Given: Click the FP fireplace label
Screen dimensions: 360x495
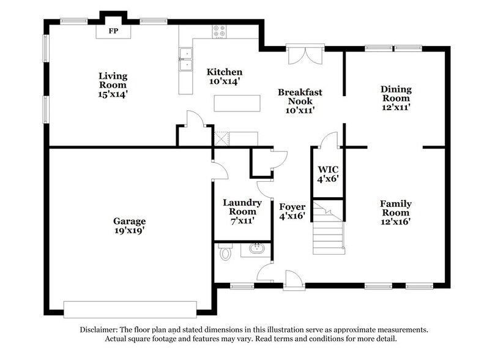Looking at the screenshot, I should point(113,30).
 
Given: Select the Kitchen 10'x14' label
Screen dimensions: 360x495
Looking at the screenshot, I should point(224,77).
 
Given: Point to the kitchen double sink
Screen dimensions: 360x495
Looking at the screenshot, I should point(185,59).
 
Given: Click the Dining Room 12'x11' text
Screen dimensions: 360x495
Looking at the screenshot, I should point(396,97).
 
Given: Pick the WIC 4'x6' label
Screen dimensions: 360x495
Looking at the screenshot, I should point(328,174).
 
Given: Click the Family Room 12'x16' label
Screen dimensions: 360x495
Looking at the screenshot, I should point(395,212).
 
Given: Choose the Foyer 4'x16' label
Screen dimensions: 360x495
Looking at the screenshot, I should point(292,212).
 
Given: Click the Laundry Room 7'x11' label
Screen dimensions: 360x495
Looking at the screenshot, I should point(242,212).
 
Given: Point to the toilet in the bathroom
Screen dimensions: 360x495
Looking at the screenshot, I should point(225,252).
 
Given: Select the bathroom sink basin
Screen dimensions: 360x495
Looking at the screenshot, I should point(256,249).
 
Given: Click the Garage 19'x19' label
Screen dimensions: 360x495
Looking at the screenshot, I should point(129,225).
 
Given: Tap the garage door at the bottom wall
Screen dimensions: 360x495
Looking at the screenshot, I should point(130,306).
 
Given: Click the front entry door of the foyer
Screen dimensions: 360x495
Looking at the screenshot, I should point(293,281).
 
